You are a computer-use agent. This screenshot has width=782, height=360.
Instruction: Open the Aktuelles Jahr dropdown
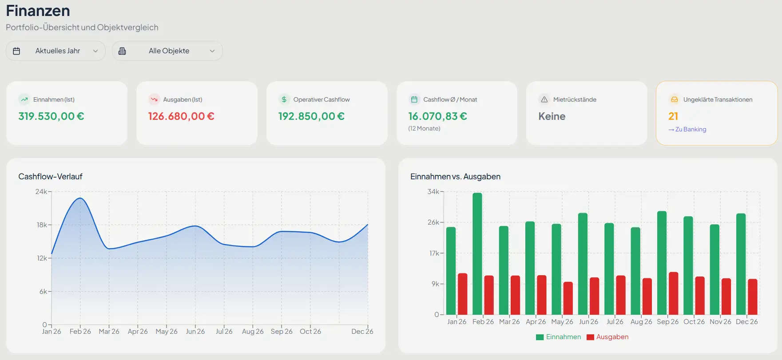[56, 51]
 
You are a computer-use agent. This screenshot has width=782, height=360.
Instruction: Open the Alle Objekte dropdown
[167, 51]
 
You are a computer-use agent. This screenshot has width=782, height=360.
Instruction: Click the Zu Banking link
[687, 130]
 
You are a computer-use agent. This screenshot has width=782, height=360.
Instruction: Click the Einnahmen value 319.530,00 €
[51, 116]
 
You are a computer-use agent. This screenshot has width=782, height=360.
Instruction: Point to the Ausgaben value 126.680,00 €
[181, 116]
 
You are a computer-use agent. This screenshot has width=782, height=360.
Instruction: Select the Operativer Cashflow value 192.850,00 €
[311, 116]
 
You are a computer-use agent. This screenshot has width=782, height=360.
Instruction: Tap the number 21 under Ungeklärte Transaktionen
[673, 116]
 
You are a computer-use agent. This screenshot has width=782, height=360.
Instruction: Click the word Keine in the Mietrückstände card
[552, 116]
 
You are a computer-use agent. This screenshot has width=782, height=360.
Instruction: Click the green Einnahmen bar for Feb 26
[477, 253]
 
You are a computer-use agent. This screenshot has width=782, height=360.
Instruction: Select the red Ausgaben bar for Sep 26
[674, 293]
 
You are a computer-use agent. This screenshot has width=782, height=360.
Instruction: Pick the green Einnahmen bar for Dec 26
[741, 264]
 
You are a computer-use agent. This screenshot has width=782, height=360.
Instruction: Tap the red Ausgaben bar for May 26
[568, 298]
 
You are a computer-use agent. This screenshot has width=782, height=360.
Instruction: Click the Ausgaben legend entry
[607, 337]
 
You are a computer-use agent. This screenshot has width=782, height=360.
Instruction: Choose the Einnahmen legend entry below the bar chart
[558, 337]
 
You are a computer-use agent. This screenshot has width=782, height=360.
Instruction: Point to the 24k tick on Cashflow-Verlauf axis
[41, 192]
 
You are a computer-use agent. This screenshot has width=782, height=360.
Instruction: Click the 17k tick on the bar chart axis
[434, 253]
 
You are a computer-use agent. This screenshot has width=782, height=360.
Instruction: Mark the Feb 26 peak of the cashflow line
[80, 198]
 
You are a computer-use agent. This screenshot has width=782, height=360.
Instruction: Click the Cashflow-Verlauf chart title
[51, 177]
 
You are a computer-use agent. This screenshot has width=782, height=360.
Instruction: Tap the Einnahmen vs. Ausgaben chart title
[455, 177]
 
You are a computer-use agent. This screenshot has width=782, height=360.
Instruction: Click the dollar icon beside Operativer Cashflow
[284, 99]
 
